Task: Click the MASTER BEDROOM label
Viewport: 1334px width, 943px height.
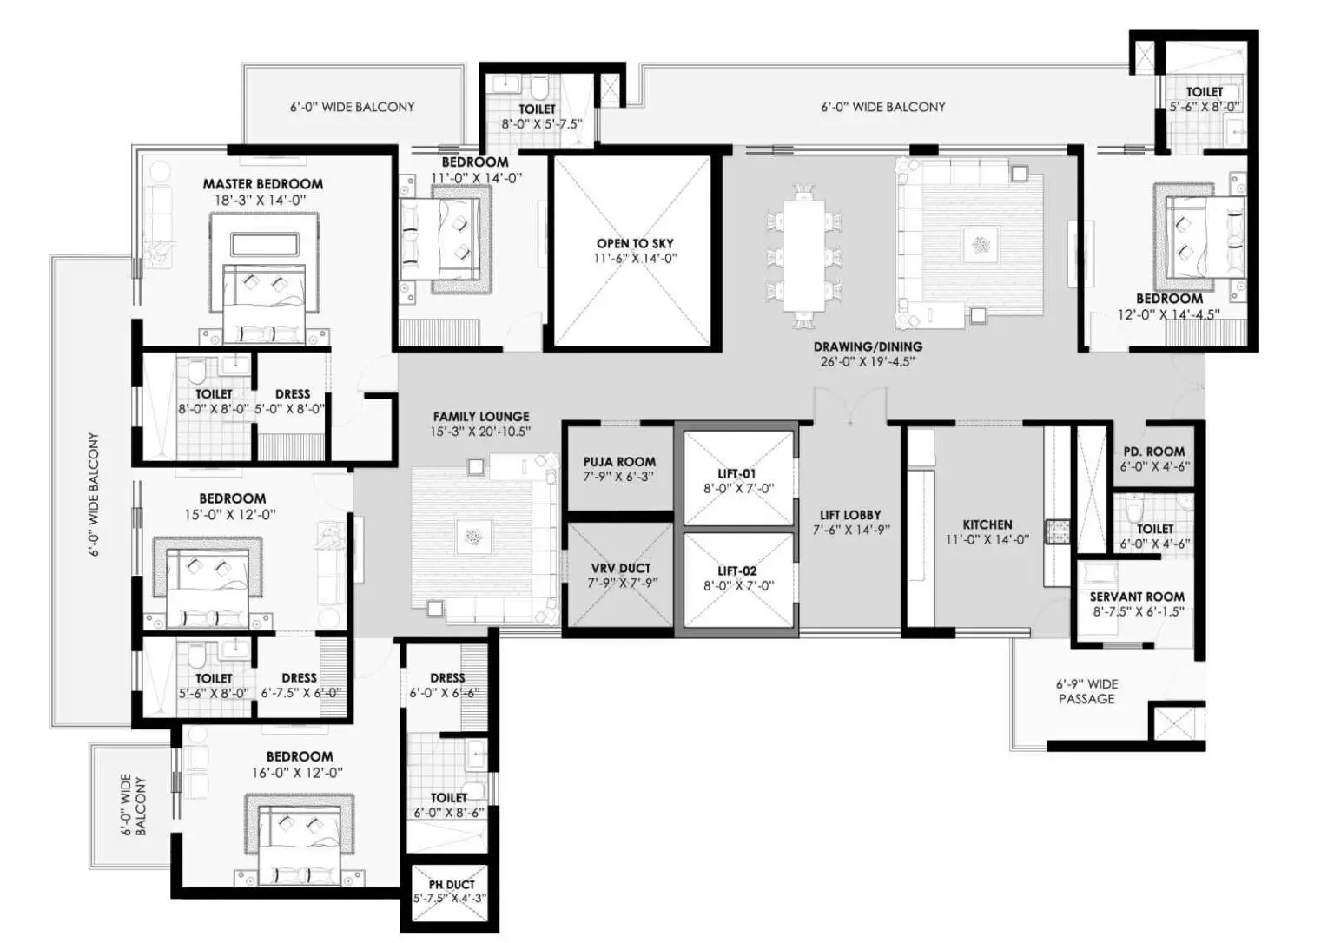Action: (263, 184)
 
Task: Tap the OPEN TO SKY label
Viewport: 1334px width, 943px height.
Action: (635, 243)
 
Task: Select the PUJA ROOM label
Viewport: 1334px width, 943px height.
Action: (619, 461)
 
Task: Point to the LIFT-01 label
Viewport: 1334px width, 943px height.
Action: (736, 474)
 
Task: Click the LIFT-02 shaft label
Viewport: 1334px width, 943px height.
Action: (736, 570)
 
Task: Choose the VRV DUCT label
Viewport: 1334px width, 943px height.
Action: (621, 568)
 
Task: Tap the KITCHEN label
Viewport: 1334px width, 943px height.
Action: (987, 524)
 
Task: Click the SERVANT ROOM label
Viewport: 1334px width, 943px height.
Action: (1137, 597)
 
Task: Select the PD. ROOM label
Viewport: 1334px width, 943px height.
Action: (1154, 452)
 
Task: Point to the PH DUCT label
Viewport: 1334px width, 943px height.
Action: (452, 885)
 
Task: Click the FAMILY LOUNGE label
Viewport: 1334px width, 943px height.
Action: (481, 417)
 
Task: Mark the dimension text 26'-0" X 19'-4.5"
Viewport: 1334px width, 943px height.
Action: (868, 362)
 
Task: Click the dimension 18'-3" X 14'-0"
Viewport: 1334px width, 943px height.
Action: (261, 200)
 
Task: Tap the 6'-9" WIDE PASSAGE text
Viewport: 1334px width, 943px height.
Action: (1086, 691)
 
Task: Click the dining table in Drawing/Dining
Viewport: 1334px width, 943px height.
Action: (804, 256)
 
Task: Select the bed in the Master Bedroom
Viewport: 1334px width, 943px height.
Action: (264, 304)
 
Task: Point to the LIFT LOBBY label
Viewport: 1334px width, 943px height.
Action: (850, 515)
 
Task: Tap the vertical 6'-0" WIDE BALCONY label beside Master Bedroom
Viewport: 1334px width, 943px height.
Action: (94, 494)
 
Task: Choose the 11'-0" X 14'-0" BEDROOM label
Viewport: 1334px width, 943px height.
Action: (475, 162)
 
